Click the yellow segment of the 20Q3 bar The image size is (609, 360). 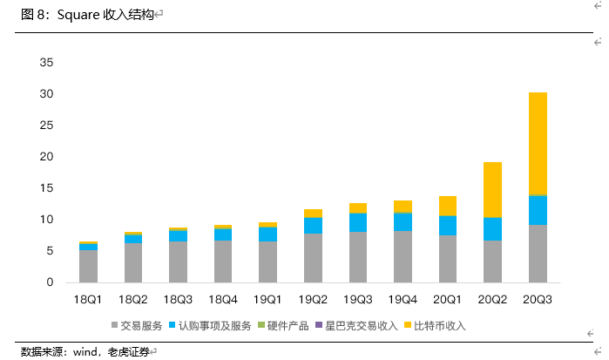pyautogui.click(x=538, y=143)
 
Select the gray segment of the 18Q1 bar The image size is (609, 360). pyautogui.click(x=88, y=266)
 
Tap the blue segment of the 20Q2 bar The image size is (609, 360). pyautogui.click(x=492, y=228)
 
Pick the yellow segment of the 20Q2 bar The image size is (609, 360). pyautogui.click(x=492, y=189)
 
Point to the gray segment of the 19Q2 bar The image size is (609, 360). pyautogui.click(x=313, y=257)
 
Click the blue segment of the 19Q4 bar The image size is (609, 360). pyautogui.click(x=403, y=221)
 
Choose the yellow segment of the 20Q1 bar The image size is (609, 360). pyautogui.click(x=448, y=206)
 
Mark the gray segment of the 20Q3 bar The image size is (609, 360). pyautogui.click(x=538, y=253)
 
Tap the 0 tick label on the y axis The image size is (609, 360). pyautogui.click(x=50, y=282)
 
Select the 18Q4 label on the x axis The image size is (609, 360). pyautogui.click(x=223, y=299)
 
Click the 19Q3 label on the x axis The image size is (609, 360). pyautogui.click(x=358, y=299)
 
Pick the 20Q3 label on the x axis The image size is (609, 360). pyautogui.click(x=538, y=299)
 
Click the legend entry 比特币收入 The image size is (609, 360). pyautogui.click(x=440, y=326)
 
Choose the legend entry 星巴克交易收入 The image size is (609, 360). pyautogui.click(x=361, y=326)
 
